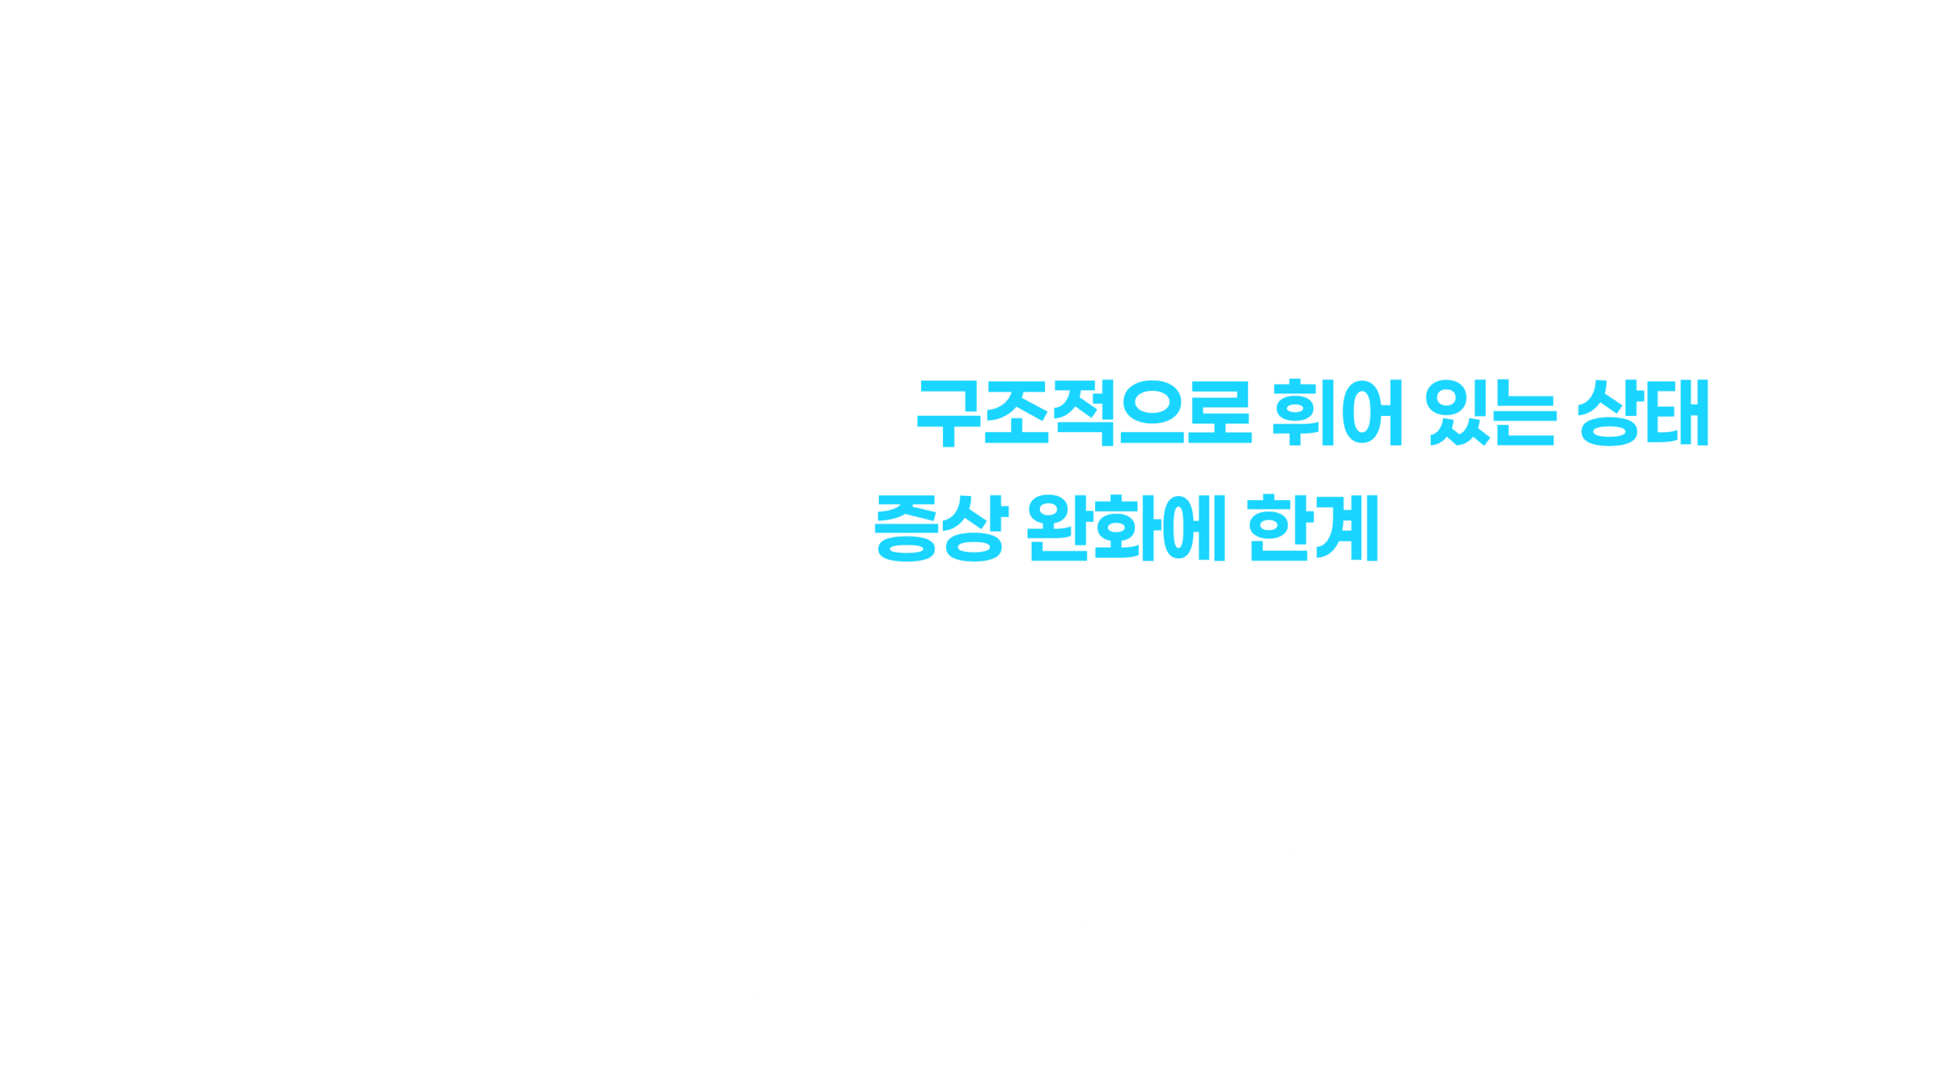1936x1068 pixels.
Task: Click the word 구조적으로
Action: click(x=1084, y=412)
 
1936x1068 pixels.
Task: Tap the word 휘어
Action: click(x=1338, y=412)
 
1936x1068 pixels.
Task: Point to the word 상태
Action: click(x=1643, y=412)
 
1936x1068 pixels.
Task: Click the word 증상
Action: click(x=942, y=528)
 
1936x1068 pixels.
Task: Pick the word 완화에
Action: click(x=1126, y=528)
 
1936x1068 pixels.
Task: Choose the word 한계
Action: click(x=1313, y=528)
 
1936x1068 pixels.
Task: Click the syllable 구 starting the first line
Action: click(x=949, y=413)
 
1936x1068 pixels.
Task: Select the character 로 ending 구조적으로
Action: click(x=1221, y=412)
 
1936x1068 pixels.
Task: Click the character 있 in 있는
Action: click(x=1458, y=412)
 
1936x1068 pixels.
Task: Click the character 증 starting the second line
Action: click(x=906, y=529)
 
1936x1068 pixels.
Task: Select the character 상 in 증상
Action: click(x=976, y=528)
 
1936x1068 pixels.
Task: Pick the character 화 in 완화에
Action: click(x=1128, y=528)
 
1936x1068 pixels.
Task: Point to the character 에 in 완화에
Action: click(x=1195, y=528)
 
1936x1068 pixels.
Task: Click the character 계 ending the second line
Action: click(x=1348, y=528)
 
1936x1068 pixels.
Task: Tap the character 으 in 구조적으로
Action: click(x=1153, y=412)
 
